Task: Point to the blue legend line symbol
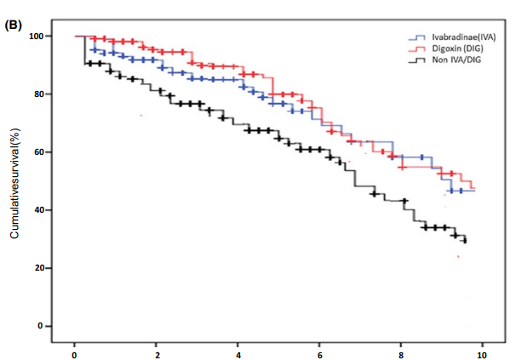coord(417,39)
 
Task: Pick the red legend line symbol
coord(417,51)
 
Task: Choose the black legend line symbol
coord(417,63)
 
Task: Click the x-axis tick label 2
coord(157,351)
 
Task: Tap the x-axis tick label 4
coord(238,351)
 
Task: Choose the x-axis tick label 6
coord(320,351)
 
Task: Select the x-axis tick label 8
coord(402,351)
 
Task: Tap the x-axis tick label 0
coord(75,351)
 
